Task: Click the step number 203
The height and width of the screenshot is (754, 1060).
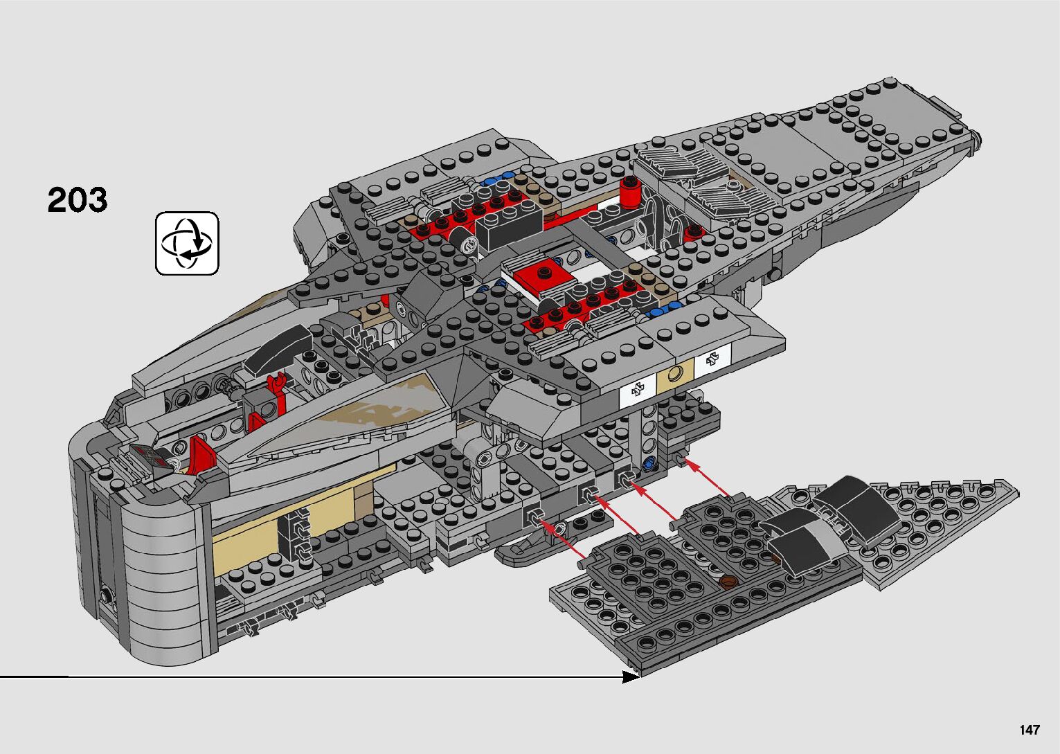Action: (x=78, y=200)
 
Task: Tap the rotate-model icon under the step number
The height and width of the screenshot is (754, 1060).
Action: (x=187, y=243)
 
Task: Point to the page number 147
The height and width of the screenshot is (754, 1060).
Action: (x=1029, y=730)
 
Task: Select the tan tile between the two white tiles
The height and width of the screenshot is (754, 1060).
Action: (x=675, y=377)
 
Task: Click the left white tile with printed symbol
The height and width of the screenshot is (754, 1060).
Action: (x=638, y=392)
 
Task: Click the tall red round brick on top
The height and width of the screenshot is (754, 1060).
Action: (x=629, y=192)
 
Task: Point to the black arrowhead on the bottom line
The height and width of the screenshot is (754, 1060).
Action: (x=630, y=676)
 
